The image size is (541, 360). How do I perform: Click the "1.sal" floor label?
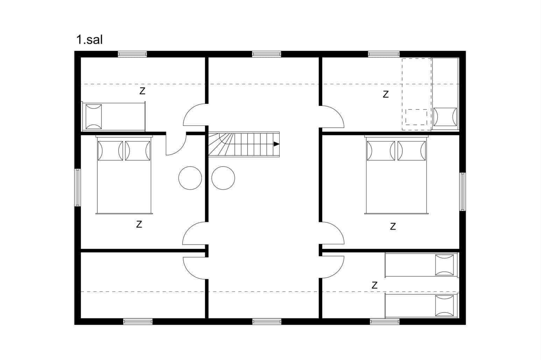click(x=89, y=40)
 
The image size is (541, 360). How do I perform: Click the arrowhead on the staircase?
click(x=276, y=144)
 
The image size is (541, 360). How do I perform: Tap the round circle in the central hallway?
click(x=223, y=178)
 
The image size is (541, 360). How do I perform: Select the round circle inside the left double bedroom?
click(x=190, y=178)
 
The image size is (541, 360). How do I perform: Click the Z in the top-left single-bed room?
click(x=142, y=91)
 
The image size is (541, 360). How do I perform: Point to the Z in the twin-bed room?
click(x=374, y=285)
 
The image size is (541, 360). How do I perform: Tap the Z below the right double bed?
click(x=393, y=226)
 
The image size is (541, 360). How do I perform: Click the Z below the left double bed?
click(x=139, y=224)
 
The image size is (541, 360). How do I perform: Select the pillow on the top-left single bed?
click(x=94, y=117)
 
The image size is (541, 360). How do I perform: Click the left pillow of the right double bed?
click(x=381, y=151)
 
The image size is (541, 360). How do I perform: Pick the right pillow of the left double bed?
click(x=138, y=151)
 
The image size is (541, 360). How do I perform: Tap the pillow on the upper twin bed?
click(x=444, y=265)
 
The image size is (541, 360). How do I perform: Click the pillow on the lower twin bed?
click(x=444, y=306)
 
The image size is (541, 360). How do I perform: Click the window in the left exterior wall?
click(x=77, y=188)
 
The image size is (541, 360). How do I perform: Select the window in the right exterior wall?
click(x=463, y=192)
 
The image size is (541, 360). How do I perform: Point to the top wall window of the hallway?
click(x=267, y=54)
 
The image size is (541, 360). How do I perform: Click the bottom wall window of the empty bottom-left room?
click(x=138, y=322)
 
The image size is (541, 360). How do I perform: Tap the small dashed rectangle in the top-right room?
click(x=416, y=117)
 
